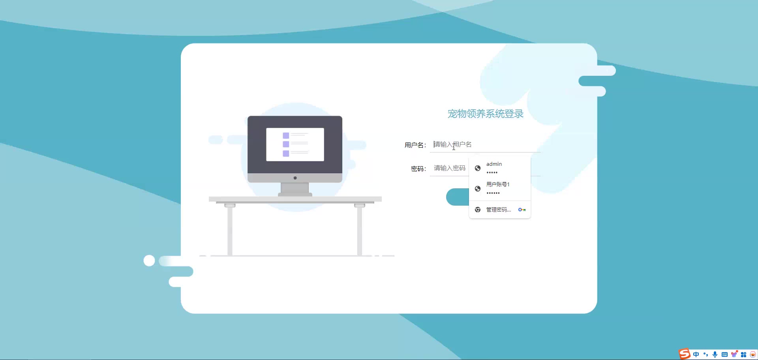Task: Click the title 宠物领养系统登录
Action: pos(485,114)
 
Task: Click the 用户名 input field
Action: pos(485,144)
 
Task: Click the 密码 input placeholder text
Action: pos(450,168)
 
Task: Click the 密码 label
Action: pos(418,169)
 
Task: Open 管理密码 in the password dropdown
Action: pos(499,210)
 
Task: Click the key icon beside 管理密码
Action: pos(522,210)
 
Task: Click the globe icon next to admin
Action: pos(478,168)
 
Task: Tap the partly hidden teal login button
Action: pos(458,197)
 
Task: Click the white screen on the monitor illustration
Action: pos(295,144)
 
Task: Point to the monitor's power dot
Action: pos(295,178)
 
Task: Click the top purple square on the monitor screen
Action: pos(286,135)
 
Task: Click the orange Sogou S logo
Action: pos(685,354)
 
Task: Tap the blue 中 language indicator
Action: pos(696,354)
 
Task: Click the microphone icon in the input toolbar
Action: pos(715,354)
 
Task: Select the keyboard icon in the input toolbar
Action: pos(724,354)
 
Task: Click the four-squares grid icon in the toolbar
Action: pos(744,354)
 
